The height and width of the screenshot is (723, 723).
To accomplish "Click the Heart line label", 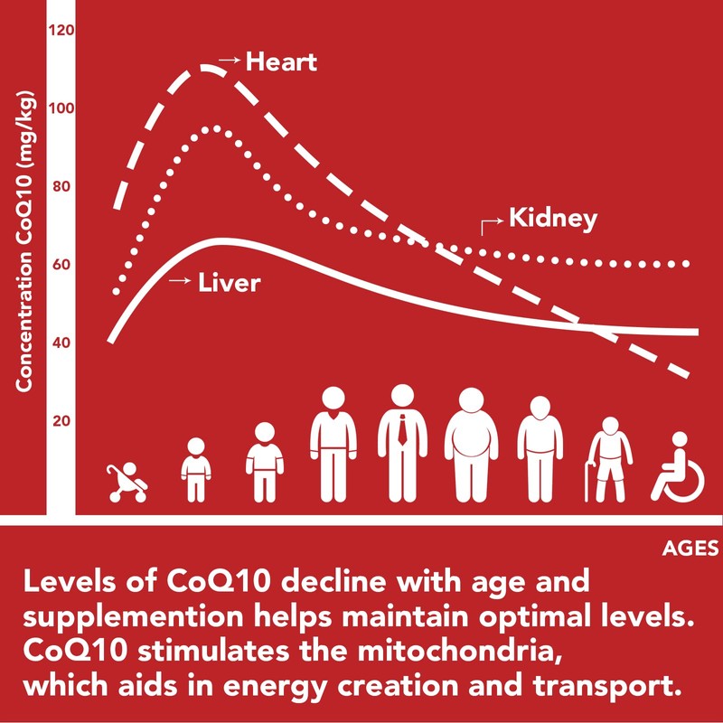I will [281, 62].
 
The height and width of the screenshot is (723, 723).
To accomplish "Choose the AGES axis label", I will [690, 548].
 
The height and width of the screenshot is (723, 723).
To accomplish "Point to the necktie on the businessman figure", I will [401, 432].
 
